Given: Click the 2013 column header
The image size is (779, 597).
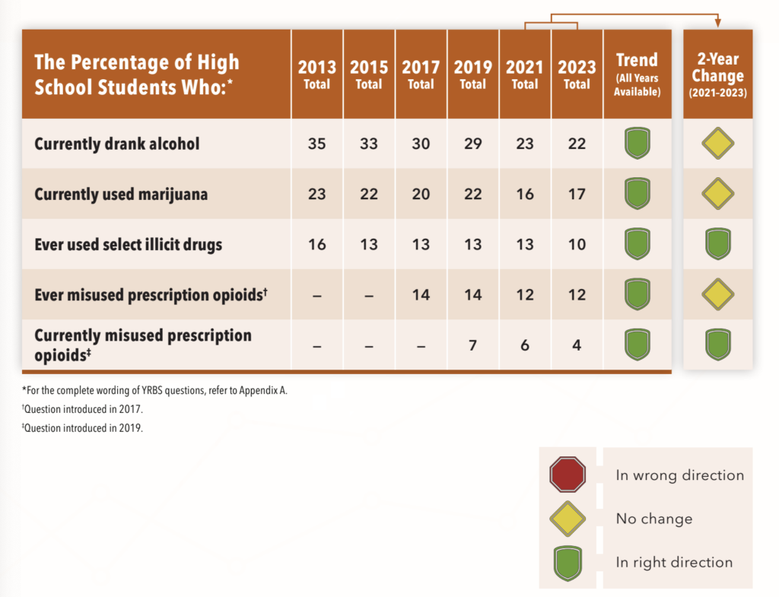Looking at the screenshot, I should pos(316,74).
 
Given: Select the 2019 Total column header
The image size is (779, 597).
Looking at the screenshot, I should pos(472,74).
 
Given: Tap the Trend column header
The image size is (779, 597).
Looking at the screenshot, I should pos(638,74).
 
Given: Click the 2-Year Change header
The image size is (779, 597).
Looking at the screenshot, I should pos(717,75).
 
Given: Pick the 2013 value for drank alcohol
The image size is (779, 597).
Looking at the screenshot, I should pos(316,143).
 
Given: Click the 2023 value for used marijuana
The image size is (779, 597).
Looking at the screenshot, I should pos(577,194).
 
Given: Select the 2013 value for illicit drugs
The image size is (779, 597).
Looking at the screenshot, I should pos(316,245).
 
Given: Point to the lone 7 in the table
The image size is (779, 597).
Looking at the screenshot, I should pos(472,345).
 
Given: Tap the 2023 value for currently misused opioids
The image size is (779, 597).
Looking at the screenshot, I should pos(577,345).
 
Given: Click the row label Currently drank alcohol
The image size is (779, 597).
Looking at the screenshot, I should pos(117,143).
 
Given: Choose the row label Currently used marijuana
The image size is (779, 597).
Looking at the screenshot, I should pos(121,194).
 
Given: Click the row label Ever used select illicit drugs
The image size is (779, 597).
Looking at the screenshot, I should pos(128,245).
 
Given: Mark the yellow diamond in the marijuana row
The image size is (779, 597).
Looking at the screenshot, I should pos(717,194).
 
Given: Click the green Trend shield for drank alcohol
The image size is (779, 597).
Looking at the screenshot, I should pos(638,143).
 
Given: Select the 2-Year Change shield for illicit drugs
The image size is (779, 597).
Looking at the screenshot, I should pos(717,245).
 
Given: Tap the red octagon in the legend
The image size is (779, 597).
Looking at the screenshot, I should pos(568,475).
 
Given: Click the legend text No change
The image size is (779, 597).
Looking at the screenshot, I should pos(653,519).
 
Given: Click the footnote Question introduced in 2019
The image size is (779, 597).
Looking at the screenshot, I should pos(82,428).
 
